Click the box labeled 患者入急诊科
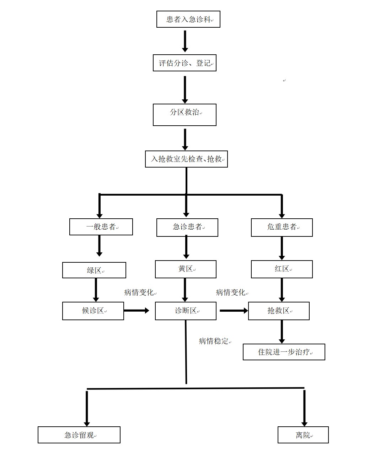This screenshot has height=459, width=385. pyautogui.click(x=188, y=19)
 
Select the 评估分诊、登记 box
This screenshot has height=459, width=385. pyautogui.click(x=185, y=63)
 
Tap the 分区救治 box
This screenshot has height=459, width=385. pyautogui.click(x=185, y=114)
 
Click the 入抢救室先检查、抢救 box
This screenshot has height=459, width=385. pyautogui.click(x=186, y=159)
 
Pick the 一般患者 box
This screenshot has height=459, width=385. pyautogui.click(x=101, y=227)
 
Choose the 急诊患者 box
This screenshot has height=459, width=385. pyautogui.click(x=187, y=227)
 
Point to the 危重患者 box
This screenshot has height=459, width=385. pyautogui.click(x=282, y=227)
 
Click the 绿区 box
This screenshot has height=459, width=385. pyautogui.click(x=94, y=270)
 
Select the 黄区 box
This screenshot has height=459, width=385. pyautogui.click(x=186, y=269)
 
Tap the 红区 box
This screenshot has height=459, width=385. pyautogui.click(x=282, y=269)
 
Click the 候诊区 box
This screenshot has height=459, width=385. pyautogui.click(x=93, y=311)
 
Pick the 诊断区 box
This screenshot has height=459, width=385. pyautogui.click(x=186, y=311)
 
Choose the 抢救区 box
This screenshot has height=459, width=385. pyautogui.click(x=279, y=311)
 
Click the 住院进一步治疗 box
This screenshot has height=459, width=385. pyautogui.click(x=284, y=352)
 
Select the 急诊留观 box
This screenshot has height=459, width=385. pyautogui.click(x=79, y=435)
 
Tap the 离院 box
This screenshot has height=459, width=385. pyautogui.click(x=303, y=435)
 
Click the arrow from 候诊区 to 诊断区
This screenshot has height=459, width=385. pyautogui.click(x=137, y=311)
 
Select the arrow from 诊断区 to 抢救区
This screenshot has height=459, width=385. pyautogui.click(x=234, y=311)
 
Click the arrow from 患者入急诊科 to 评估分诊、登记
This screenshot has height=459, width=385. pyautogui.click(x=185, y=41)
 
